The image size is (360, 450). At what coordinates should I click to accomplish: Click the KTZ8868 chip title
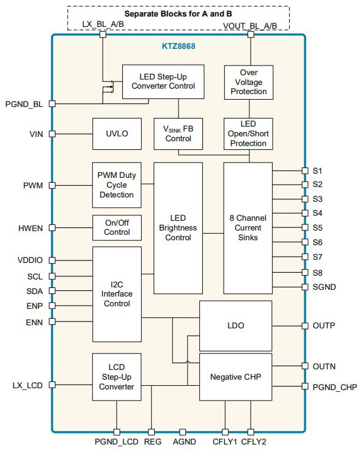[178, 46]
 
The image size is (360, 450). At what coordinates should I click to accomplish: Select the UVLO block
[117, 133]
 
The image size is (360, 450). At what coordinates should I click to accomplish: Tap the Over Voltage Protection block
[248, 82]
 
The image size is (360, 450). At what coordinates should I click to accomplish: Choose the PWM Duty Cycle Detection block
[117, 185]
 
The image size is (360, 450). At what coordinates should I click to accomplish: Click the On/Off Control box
[117, 227]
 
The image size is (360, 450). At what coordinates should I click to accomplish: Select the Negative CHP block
[235, 377]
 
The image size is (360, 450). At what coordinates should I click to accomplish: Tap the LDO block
[235, 325]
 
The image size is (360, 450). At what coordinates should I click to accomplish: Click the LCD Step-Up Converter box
[117, 378]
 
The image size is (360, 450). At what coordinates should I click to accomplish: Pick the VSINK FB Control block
[178, 133]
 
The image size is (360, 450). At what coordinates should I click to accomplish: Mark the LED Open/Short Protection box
[248, 133]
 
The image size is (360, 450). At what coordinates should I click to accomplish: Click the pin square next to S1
[305, 171]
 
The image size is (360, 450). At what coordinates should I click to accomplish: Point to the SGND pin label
[324, 287]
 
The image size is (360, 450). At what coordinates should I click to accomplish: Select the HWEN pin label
[31, 228]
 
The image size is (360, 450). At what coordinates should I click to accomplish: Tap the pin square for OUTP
[305, 326]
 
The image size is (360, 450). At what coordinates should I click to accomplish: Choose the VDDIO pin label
[29, 260]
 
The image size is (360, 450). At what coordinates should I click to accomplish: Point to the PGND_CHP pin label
[334, 386]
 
